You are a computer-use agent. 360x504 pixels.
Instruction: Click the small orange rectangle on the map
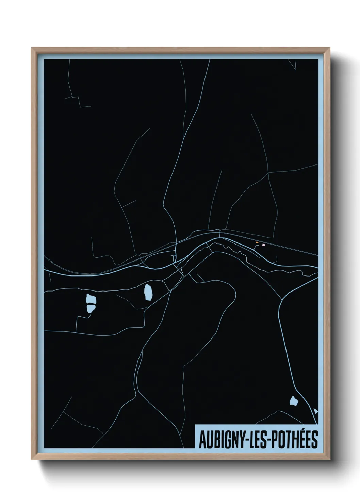pyautogui.click(x=257, y=242)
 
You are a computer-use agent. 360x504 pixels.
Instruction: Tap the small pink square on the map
pyautogui.click(x=263, y=244)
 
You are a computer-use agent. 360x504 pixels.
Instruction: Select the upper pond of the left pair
pyautogui.click(x=91, y=300)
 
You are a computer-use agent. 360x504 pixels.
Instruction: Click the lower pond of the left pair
pyautogui.click(x=91, y=309)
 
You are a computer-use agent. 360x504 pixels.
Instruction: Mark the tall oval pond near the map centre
pyautogui.click(x=148, y=292)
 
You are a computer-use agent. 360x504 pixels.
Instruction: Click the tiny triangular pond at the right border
pyautogui.click(x=316, y=411)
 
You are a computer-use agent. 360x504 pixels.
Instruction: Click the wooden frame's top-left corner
pyautogui.click(x=32, y=48)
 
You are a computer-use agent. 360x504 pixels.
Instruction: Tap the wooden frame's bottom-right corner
pyautogui.click(x=330, y=460)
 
